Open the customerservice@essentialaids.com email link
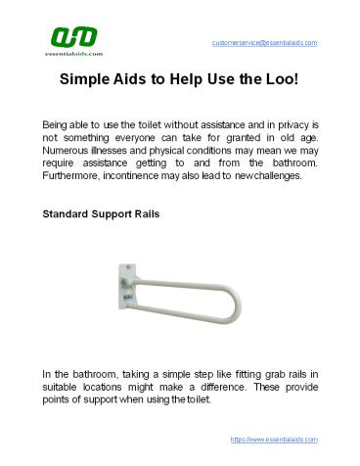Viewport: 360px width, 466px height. click(x=264, y=43)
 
